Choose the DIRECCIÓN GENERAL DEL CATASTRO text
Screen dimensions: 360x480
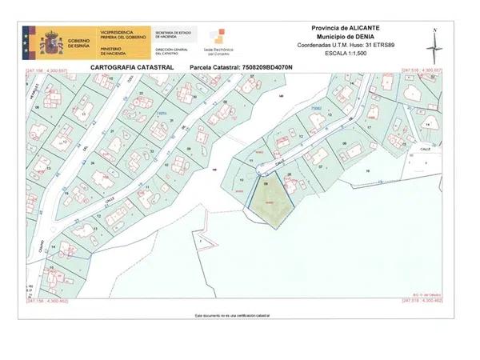coord(173,50)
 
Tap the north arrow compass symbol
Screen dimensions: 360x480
coord(433,46)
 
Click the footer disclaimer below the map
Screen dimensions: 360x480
coord(233,316)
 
